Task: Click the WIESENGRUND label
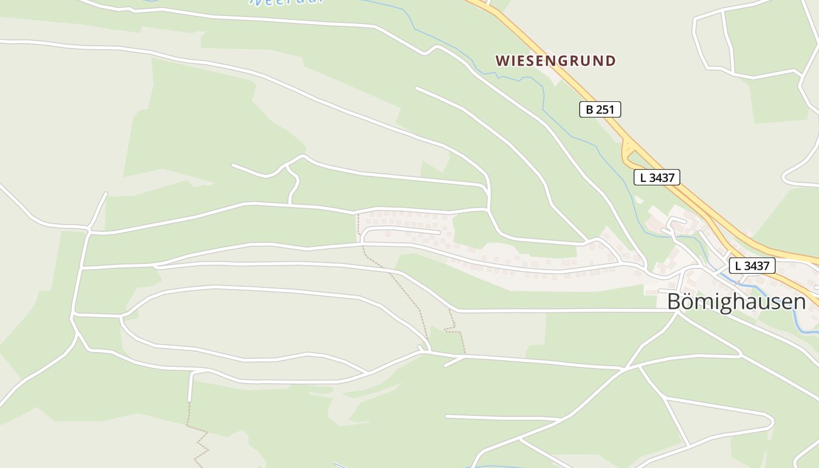click(x=555, y=61)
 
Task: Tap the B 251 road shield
click(x=600, y=109)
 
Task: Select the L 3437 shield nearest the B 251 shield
click(x=656, y=177)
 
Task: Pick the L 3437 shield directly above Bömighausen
click(x=752, y=266)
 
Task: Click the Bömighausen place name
click(x=736, y=302)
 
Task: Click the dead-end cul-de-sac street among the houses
click(x=404, y=232)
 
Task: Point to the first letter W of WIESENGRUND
click(x=501, y=61)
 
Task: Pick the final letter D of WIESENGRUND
click(x=610, y=61)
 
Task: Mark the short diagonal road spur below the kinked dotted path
click(x=454, y=362)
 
